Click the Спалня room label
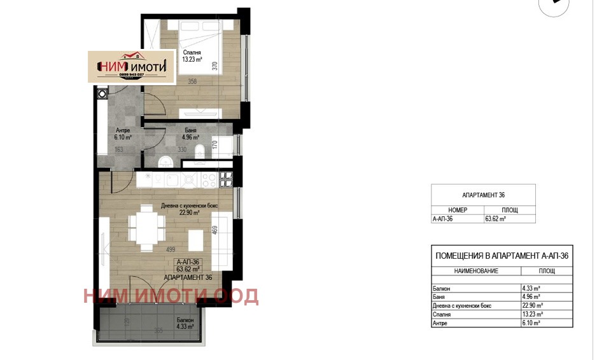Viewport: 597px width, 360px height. click(x=192, y=53)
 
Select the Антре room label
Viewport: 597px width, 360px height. click(x=123, y=130)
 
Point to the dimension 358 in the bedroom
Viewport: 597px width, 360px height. click(x=192, y=81)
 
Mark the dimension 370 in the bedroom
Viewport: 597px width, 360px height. click(x=234, y=66)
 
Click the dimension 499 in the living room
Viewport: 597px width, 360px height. click(x=171, y=250)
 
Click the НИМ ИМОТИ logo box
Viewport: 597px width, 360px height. click(x=132, y=66)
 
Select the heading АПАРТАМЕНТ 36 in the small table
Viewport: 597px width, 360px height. click(x=482, y=195)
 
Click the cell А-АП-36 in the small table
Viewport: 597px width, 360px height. click(x=444, y=218)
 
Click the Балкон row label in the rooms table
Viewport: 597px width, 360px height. click(x=440, y=288)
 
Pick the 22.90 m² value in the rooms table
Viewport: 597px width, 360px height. click(x=531, y=305)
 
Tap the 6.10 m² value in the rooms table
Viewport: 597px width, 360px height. click(x=530, y=323)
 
